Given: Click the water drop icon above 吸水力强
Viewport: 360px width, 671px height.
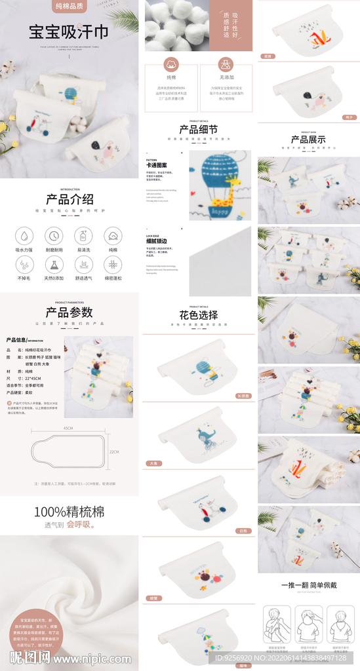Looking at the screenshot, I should point(25,236).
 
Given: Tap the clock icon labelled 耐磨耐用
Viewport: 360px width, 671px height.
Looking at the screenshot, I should point(54,236).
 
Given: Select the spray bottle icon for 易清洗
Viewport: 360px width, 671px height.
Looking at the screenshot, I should point(83,236).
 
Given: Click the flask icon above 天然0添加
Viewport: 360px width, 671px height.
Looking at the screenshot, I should point(54,265).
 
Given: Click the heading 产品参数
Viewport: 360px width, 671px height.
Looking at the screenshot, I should point(70,313).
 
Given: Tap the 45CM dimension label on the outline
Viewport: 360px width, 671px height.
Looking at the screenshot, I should point(68,427).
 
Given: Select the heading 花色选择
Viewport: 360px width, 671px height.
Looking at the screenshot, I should point(198,315).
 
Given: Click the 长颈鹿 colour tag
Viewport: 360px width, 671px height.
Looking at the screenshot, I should point(243,396).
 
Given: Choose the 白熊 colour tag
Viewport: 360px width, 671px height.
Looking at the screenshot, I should point(243,530).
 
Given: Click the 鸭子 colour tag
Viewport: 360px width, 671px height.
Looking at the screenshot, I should point(350,117).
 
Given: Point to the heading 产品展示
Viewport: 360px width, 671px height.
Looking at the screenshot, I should point(308,139).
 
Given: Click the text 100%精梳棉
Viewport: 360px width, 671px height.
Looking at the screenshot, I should point(70,512).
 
